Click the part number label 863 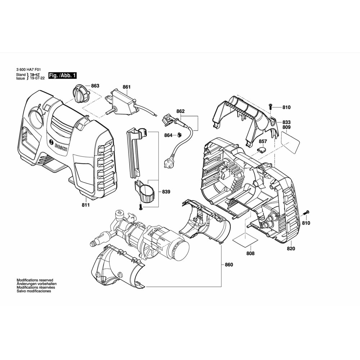click(95, 86)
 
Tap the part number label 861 click(127, 87)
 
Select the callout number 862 click(180, 111)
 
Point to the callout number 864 click(168, 135)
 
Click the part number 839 click(166, 192)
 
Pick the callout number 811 click(85, 205)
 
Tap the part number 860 click(229, 265)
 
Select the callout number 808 click(250, 253)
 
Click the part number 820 click(291, 248)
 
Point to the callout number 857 click(263, 142)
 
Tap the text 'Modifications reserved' click(35, 280)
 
